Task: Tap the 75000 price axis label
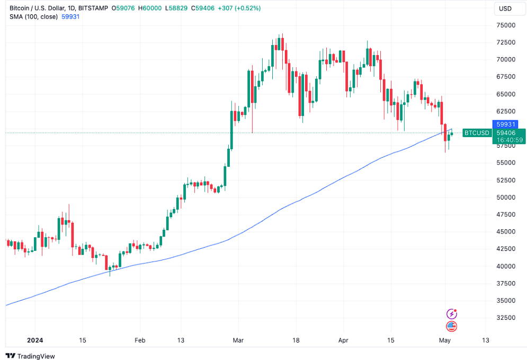click(505, 25)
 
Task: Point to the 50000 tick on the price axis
click(505, 197)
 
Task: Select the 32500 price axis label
click(505, 318)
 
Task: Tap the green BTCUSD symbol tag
click(476, 133)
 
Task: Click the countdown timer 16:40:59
click(510, 140)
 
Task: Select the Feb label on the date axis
click(139, 340)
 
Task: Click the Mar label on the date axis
click(237, 340)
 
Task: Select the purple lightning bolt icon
click(451, 314)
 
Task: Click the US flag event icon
click(451, 326)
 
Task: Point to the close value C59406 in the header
click(204, 8)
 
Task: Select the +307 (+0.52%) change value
click(243, 8)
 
